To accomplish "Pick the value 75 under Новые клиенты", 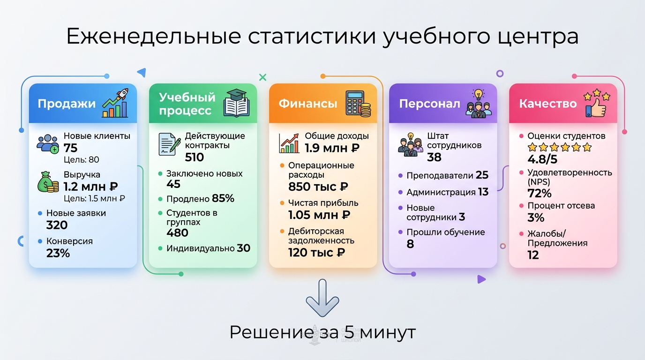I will [70, 148].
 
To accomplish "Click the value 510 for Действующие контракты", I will [195, 157].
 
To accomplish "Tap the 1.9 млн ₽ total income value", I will [332, 148].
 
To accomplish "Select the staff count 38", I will [434, 157].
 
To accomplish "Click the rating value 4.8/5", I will [542, 159].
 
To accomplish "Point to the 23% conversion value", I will [58, 253].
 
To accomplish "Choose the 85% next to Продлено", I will [223, 198].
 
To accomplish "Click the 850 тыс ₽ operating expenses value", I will [318, 187].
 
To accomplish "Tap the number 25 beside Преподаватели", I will [482, 175].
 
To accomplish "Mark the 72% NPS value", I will [539, 193].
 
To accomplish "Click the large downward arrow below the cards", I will [322, 298].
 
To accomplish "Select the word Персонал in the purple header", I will [429, 104].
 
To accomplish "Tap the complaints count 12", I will [533, 255].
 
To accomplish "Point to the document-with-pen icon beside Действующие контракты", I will [169, 144].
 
